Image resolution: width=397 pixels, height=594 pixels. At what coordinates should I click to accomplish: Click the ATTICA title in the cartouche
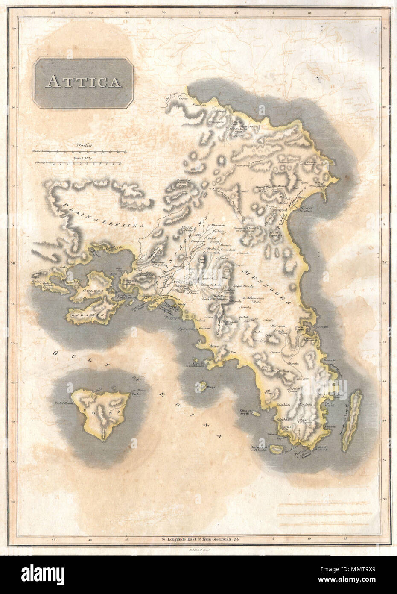click(x=83, y=80)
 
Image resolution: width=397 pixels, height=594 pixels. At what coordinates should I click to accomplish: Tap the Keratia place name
click(x=293, y=362)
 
